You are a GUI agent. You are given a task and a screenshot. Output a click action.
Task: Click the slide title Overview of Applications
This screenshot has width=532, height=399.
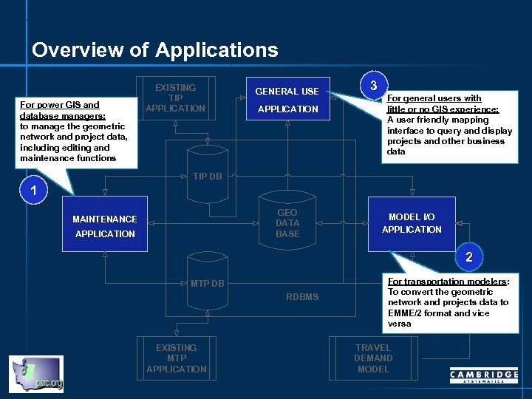(155, 50)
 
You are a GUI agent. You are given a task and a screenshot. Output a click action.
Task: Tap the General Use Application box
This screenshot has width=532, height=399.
(287, 99)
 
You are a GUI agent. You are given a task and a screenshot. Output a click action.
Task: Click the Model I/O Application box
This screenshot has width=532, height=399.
(412, 223)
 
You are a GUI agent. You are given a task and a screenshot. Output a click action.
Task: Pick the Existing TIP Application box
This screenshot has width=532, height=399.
(176, 98)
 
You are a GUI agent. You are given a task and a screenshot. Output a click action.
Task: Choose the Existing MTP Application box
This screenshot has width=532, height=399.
(176, 358)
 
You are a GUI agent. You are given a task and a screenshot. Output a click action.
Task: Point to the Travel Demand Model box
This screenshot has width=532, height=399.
(373, 358)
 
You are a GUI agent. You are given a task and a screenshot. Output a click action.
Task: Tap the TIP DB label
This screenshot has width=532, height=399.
(207, 177)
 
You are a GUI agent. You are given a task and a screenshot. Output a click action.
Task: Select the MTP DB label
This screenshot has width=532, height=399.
(207, 284)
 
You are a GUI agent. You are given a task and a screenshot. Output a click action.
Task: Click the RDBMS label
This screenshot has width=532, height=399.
(302, 297)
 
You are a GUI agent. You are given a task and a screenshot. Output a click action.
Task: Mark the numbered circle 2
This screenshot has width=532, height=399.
(468, 257)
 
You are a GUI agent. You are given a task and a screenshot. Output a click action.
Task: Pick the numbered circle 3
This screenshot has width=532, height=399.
(374, 84)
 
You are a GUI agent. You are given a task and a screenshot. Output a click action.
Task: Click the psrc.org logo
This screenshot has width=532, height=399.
(36, 374)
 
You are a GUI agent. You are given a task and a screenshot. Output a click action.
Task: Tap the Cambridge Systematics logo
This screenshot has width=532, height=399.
(484, 376)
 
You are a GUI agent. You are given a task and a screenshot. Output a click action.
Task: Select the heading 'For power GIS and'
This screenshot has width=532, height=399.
(60, 105)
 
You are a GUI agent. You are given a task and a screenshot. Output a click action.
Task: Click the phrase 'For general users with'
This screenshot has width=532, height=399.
(434, 98)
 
